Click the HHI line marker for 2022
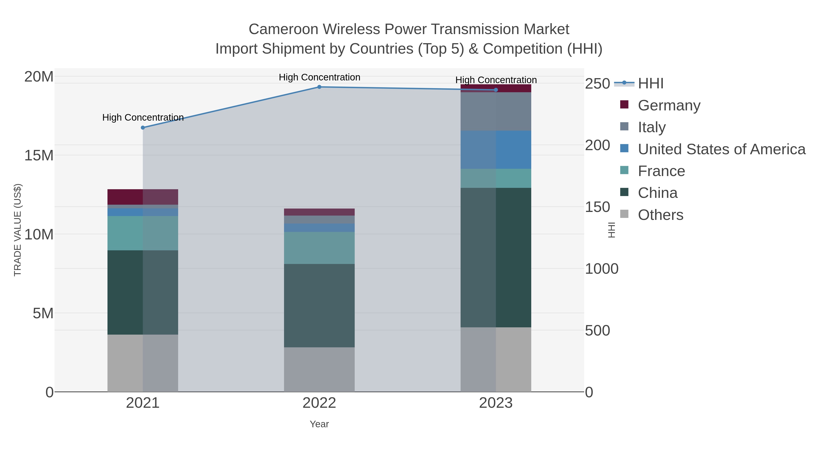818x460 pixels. [x=319, y=87]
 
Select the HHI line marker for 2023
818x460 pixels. [x=496, y=90]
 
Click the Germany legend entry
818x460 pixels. [x=669, y=105]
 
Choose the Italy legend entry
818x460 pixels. [x=652, y=127]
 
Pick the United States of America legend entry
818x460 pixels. [x=721, y=149]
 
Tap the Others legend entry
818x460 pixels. [x=661, y=215]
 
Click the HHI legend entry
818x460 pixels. [x=650, y=84]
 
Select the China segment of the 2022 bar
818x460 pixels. [x=319, y=305]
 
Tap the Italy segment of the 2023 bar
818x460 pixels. [x=496, y=112]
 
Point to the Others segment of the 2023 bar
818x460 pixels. [x=496, y=359]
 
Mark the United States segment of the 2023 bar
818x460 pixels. [x=496, y=149]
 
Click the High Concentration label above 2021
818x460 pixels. [x=143, y=117]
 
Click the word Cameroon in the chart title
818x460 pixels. [x=283, y=29]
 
